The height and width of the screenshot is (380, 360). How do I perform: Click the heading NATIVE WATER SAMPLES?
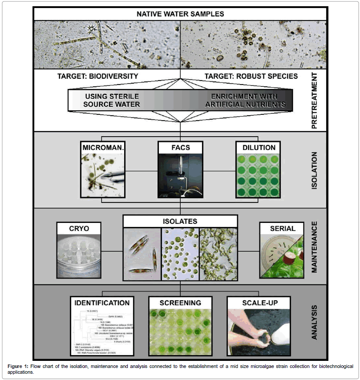[x=180, y=14]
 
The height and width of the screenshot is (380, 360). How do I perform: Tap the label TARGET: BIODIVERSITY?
[x=98, y=76]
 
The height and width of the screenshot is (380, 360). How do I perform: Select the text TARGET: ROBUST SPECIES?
[x=251, y=76]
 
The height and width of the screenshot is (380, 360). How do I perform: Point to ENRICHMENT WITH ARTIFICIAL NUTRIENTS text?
[x=250, y=100]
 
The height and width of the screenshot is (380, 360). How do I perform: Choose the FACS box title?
[x=180, y=147]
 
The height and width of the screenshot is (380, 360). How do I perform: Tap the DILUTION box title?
[x=257, y=147]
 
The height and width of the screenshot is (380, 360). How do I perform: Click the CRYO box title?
[x=79, y=228]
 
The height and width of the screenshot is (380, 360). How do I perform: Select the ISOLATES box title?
[x=180, y=221]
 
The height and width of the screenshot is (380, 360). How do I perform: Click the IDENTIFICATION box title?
[x=102, y=303]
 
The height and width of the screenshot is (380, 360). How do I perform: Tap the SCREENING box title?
[x=180, y=303]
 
